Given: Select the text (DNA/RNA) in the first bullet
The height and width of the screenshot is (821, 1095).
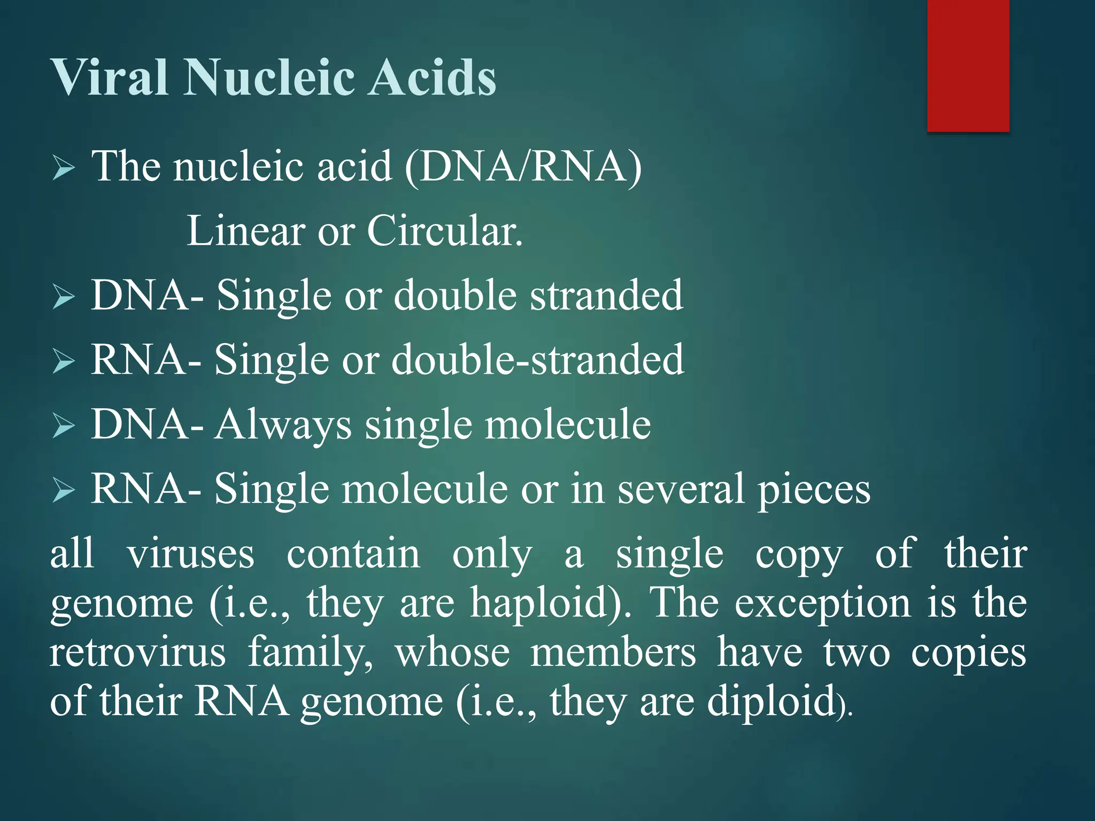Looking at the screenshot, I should click(x=523, y=167).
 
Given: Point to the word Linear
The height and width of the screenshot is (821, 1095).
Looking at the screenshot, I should click(x=245, y=231).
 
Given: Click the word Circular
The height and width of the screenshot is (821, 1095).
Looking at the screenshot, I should click(x=444, y=231).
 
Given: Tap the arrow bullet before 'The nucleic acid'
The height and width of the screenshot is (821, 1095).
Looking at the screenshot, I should click(x=64, y=169).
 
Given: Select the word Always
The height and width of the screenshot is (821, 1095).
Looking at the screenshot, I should click(x=283, y=425).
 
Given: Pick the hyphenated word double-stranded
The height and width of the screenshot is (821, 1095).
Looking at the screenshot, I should click(x=537, y=360).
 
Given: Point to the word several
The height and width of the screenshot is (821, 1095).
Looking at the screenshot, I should click(x=680, y=490).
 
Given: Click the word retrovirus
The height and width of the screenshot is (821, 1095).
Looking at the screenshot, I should click(x=138, y=653).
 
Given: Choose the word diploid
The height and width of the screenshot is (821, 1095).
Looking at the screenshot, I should click(x=770, y=701).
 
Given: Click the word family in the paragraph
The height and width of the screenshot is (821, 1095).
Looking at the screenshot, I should click(x=311, y=654).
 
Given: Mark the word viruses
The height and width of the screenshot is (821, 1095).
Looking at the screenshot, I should click(x=190, y=554).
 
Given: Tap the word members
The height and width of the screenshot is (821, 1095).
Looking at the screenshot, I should click(x=613, y=653).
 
